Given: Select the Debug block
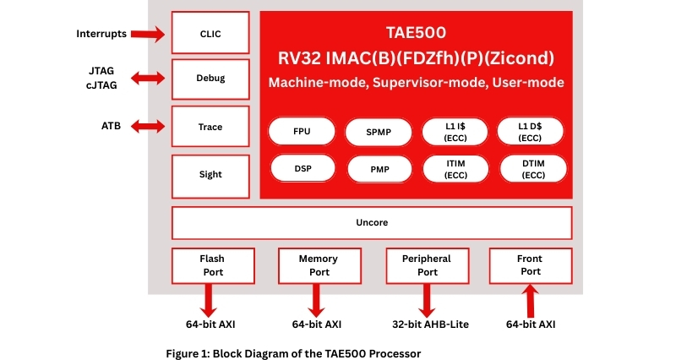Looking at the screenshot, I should point(210,79).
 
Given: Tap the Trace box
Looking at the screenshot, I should point(210,127).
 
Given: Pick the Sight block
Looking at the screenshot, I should point(210,174).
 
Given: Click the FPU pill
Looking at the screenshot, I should point(302,132).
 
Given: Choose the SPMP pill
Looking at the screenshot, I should point(379,132).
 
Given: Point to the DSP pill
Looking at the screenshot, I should point(302,169).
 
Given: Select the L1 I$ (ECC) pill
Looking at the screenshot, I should point(456,132).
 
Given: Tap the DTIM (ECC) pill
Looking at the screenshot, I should point(533,169).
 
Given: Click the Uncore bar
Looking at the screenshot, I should point(372,223).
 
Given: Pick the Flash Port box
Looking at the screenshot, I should point(212,265).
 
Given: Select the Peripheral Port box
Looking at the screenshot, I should point(428,265).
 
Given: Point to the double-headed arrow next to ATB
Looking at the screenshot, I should point(149,127).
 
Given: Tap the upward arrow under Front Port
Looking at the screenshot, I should point(531,301).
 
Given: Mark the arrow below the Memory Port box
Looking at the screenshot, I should point(317,300).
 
